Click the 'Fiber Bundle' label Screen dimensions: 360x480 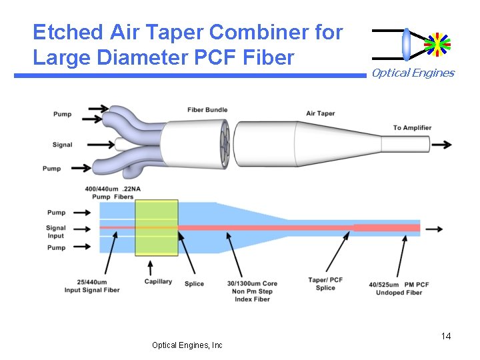[207, 110]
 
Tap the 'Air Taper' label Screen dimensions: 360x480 [320, 113]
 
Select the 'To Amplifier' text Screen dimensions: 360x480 [412, 127]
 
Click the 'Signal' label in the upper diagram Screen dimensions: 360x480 [62, 145]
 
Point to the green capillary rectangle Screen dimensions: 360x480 [157, 227]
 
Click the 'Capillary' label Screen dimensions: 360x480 [158, 282]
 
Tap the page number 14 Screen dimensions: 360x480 [446, 336]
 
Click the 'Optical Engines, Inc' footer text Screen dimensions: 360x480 [187, 345]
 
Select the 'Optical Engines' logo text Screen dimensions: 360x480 [413, 73]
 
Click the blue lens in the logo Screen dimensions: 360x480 [407, 44]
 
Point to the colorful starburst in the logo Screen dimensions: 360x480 [437, 44]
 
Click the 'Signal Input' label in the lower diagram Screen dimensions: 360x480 [56, 231]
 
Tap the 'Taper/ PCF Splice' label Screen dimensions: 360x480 [325, 283]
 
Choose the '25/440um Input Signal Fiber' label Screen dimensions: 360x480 [92, 286]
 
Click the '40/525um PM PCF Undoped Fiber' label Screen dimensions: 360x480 [399, 288]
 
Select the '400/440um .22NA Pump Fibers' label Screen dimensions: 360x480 [113, 193]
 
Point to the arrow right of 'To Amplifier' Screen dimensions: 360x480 [441, 145]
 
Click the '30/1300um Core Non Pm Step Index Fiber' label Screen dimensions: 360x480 [252, 291]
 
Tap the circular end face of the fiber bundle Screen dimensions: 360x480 [222, 144]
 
